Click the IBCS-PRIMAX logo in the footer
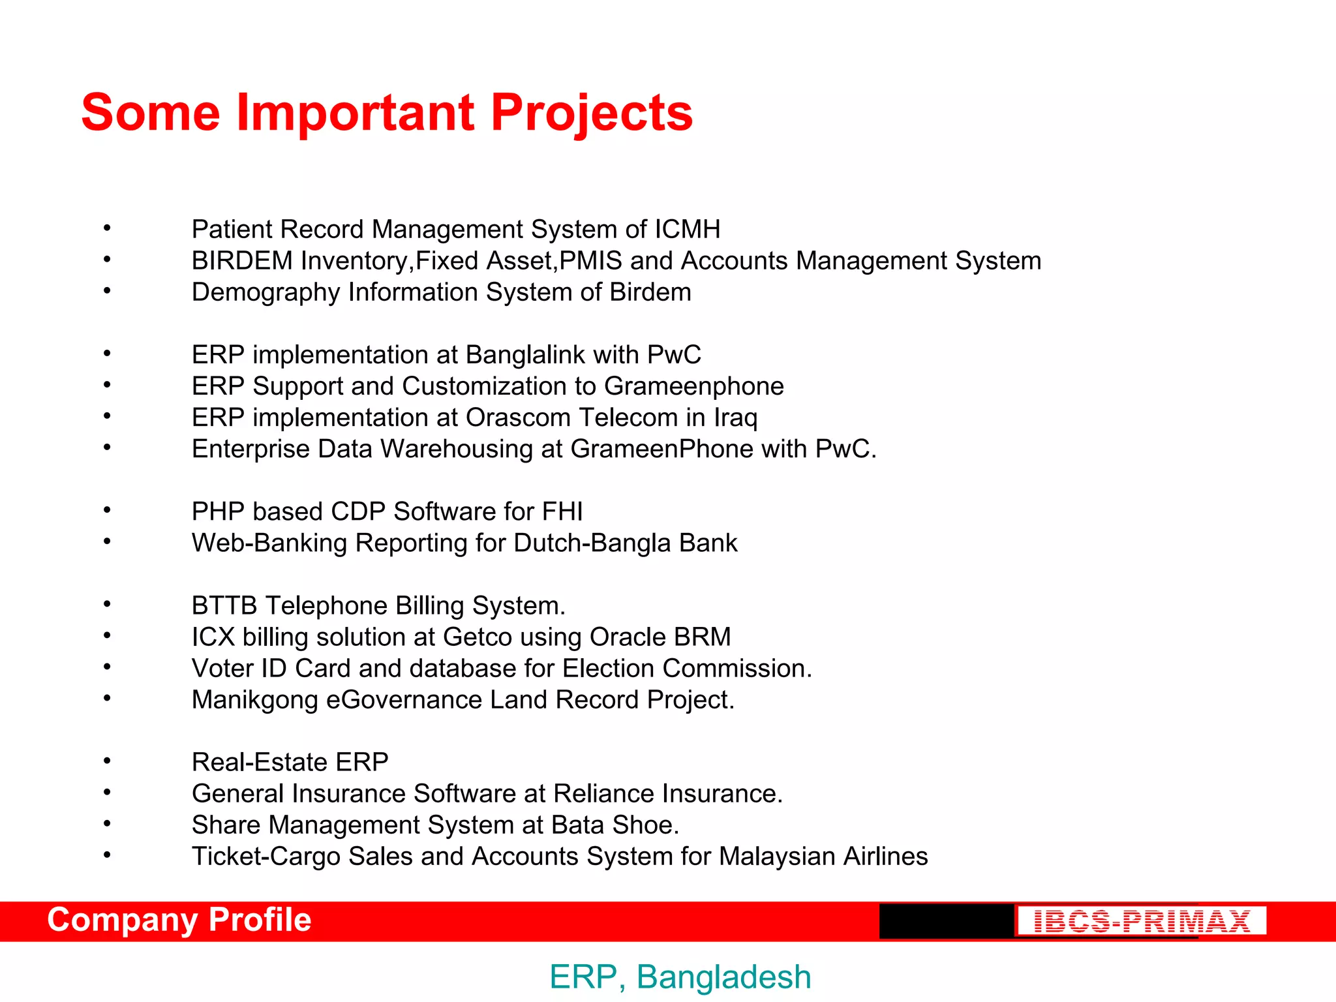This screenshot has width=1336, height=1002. pyautogui.click(x=1142, y=921)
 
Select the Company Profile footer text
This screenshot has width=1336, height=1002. pyautogui.click(x=179, y=920)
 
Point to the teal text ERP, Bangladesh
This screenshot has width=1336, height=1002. pyautogui.click(x=680, y=977)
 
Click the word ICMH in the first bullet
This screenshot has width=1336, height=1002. pyautogui.click(x=688, y=230)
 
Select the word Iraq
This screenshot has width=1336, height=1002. pyautogui.click(x=735, y=418)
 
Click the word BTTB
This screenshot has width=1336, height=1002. pyautogui.click(x=224, y=605)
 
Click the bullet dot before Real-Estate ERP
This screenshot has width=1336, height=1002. pyautogui.click(x=107, y=760)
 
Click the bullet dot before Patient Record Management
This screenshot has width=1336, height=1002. pyautogui.click(x=107, y=228)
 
